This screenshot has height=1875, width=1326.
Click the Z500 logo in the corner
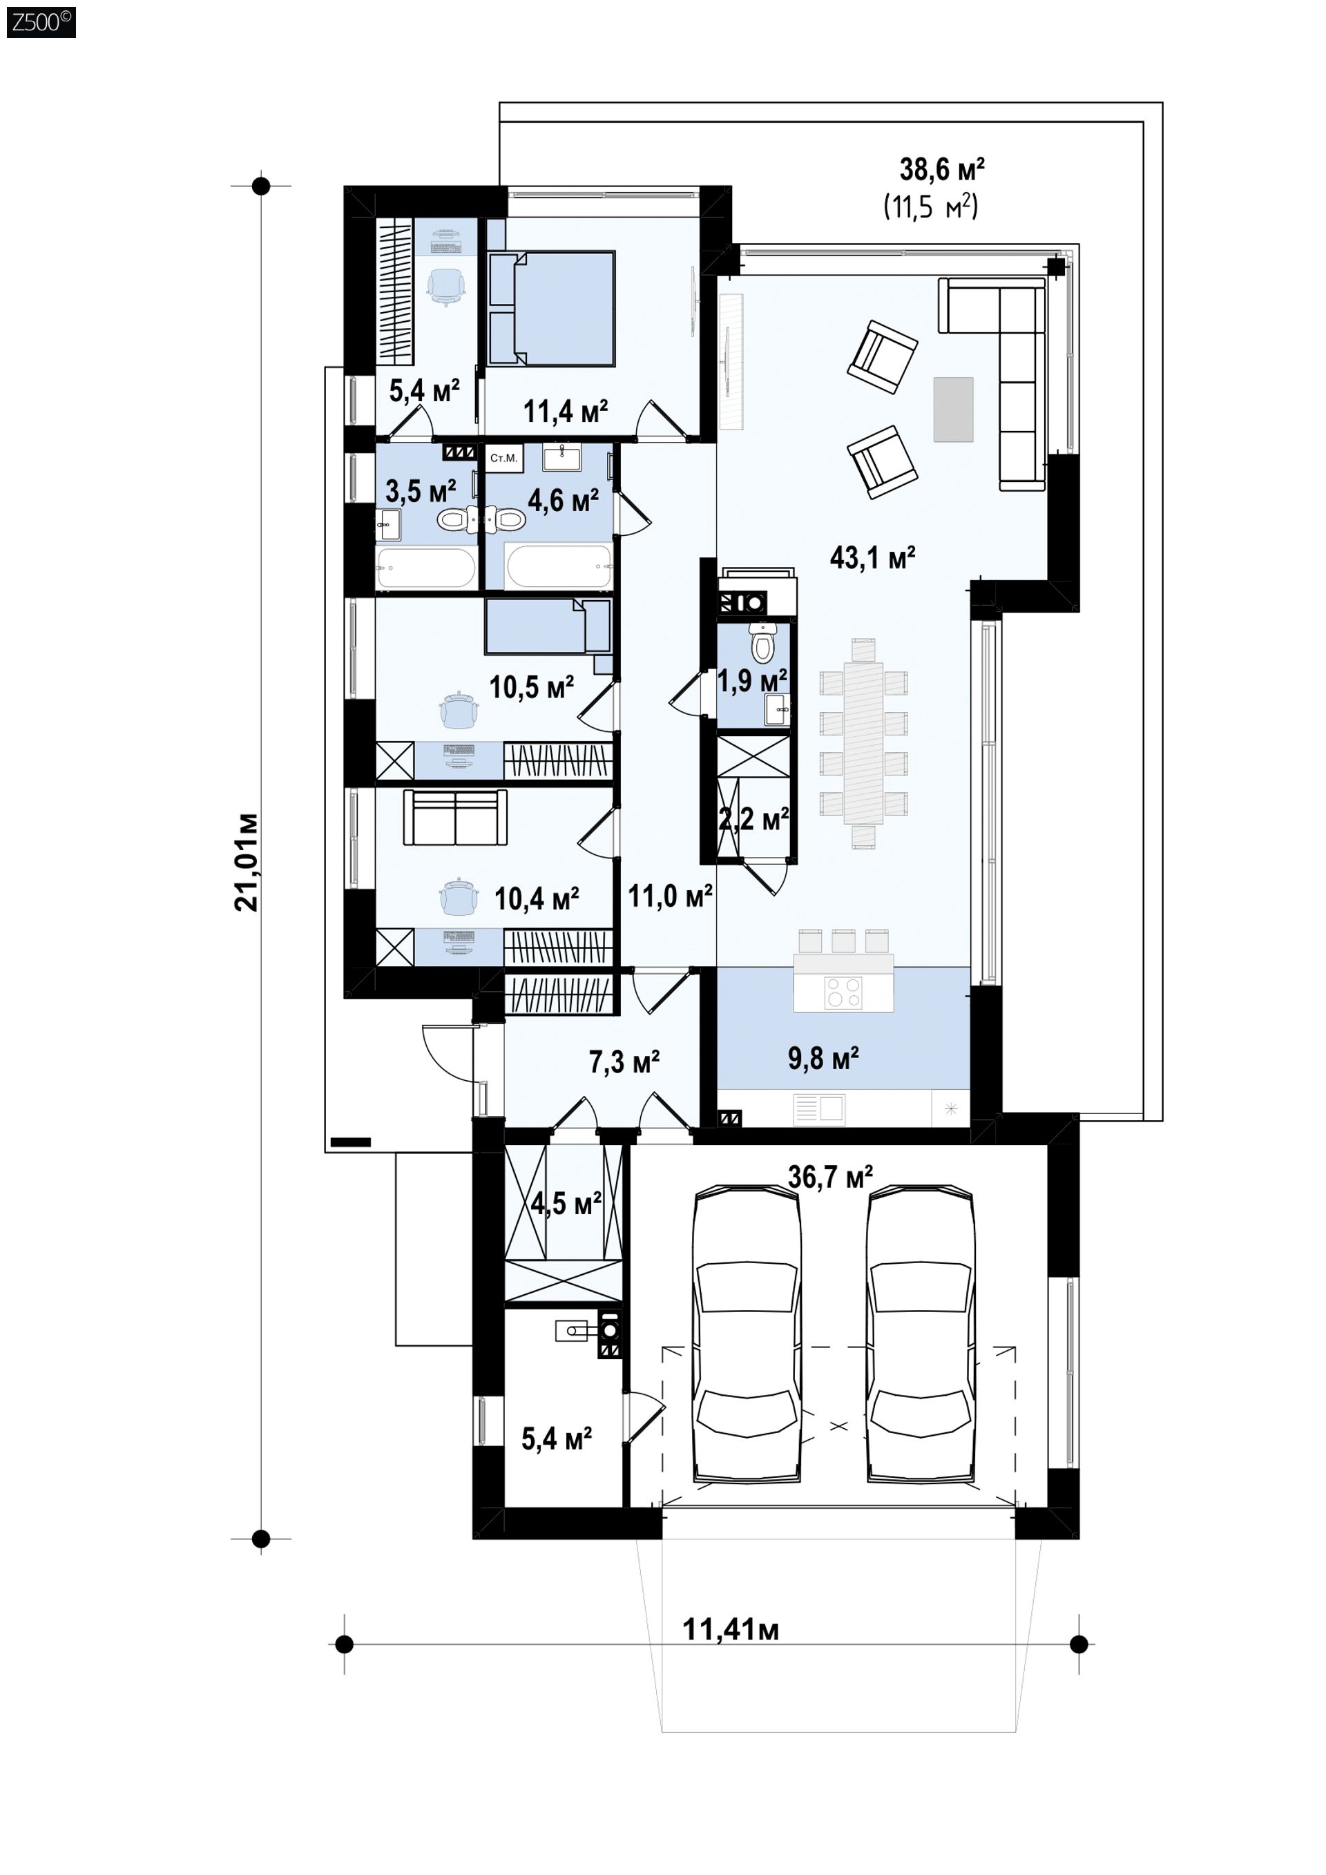coord(41,21)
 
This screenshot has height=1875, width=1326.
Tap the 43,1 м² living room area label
coord(872,558)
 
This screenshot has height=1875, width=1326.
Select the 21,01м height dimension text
coord(246,862)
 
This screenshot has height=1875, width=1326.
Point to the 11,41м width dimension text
coord(731,1629)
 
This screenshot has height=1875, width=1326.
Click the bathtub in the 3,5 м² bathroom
coord(426,568)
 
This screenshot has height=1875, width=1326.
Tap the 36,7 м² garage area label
coord(830,1177)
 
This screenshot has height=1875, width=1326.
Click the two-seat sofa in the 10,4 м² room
coord(455,818)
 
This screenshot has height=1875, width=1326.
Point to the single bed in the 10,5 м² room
coord(548,626)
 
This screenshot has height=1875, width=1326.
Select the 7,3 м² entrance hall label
coord(624,1061)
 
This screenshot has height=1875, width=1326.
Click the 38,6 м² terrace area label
coord(942,170)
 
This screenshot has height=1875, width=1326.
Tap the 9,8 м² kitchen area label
coord(823,1059)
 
